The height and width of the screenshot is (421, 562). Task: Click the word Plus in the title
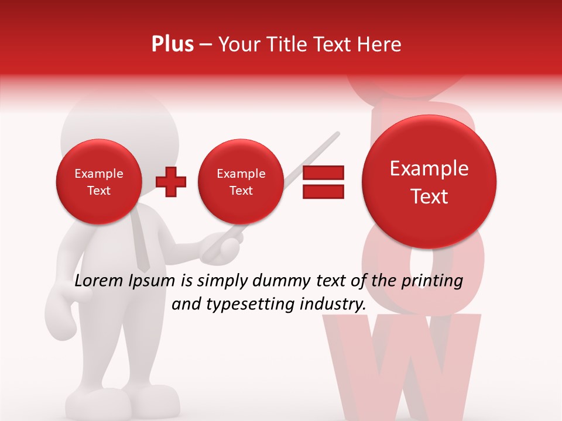tap(172, 44)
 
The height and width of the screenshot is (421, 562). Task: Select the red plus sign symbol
tap(171, 181)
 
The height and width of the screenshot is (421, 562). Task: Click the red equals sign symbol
tap(323, 182)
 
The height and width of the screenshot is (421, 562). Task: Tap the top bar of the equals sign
tap(323, 172)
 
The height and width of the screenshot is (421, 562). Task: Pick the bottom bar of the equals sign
tap(323, 191)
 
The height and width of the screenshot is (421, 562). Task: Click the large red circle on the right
tap(429, 181)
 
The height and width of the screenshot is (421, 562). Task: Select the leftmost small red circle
tap(99, 181)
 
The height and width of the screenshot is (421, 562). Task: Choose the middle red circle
tap(241, 181)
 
